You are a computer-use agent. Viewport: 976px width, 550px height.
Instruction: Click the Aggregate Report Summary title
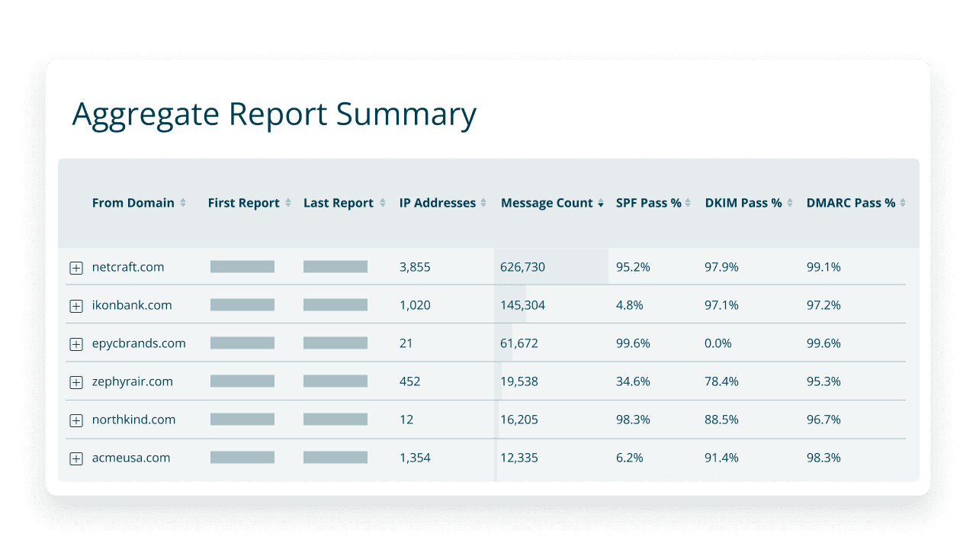tap(274, 114)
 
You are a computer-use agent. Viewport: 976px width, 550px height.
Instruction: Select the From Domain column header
tap(133, 203)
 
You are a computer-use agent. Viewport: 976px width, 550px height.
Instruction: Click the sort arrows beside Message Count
tap(601, 204)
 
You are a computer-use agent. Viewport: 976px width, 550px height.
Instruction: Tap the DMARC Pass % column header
tap(850, 203)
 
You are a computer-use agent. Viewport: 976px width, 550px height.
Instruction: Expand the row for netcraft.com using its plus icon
tap(76, 268)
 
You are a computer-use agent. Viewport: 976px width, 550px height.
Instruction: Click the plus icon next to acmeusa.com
tap(76, 458)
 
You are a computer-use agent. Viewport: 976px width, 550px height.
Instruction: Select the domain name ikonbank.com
tap(131, 305)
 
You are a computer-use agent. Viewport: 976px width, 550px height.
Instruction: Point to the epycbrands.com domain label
tap(138, 343)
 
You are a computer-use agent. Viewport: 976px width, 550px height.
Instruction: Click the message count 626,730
tap(522, 267)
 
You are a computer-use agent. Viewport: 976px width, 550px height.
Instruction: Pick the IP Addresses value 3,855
tap(415, 267)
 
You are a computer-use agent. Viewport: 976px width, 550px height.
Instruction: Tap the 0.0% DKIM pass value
tap(718, 343)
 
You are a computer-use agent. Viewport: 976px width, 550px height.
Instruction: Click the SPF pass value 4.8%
tap(629, 305)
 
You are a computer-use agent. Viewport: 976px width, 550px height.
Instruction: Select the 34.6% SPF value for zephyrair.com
tap(633, 381)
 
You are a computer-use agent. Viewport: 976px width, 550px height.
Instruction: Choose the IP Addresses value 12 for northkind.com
tap(406, 420)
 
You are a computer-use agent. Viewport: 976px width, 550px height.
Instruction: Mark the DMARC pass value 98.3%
tap(823, 458)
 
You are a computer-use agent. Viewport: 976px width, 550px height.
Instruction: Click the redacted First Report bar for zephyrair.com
tap(242, 381)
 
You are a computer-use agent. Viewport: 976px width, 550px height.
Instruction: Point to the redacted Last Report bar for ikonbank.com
tap(335, 305)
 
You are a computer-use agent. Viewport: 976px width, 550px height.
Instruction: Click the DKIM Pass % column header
tap(743, 203)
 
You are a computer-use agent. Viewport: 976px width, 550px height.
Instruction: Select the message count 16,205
tap(519, 420)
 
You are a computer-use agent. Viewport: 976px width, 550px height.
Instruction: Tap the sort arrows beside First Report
tap(287, 204)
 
